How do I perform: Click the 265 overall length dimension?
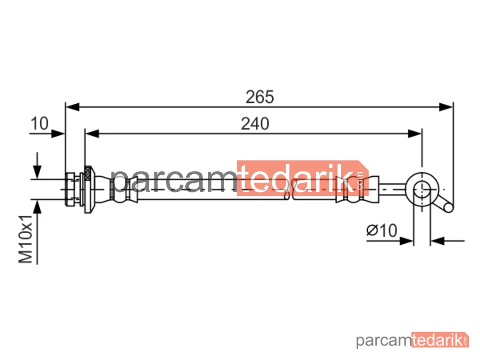[x=260, y=97]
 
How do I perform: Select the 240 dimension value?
[x=255, y=124]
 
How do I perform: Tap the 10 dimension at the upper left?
[x=39, y=124]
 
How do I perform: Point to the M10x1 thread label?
[x=26, y=239]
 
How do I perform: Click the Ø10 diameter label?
[x=382, y=230]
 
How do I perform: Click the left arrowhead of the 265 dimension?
[x=72, y=107]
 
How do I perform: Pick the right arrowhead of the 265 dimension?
[x=446, y=107]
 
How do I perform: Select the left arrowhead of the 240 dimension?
[x=92, y=133]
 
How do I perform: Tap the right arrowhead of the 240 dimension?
[x=415, y=133]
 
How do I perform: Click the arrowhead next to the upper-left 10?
[x=58, y=133]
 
